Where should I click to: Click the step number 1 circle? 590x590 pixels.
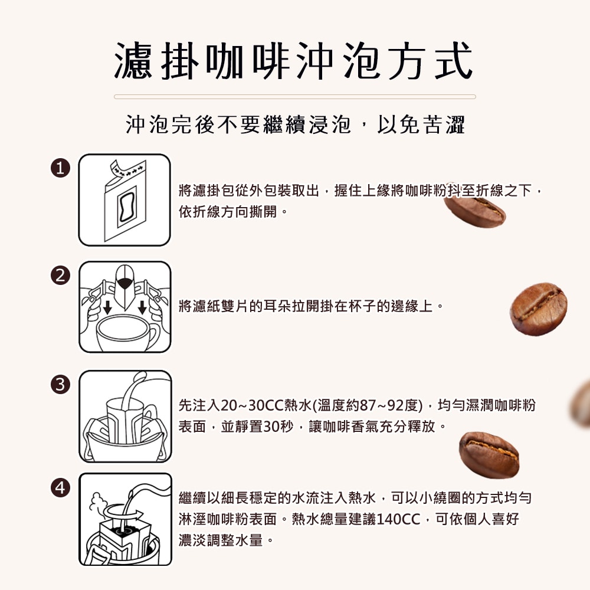coord(59,168)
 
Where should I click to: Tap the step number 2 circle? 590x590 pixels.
coord(59,275)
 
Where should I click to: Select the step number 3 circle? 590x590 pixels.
coord(59,384)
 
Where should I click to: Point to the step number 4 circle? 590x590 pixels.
coord(59,487)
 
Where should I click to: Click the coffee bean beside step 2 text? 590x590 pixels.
coord(538,309)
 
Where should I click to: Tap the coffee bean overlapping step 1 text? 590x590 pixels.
coord(476,211)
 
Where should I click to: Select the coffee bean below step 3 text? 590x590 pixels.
coord(489,454)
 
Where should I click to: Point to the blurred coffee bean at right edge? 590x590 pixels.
coord(581,404)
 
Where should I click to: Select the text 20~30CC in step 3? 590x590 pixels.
coord(242,406)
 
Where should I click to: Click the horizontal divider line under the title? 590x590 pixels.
coord(294,96)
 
